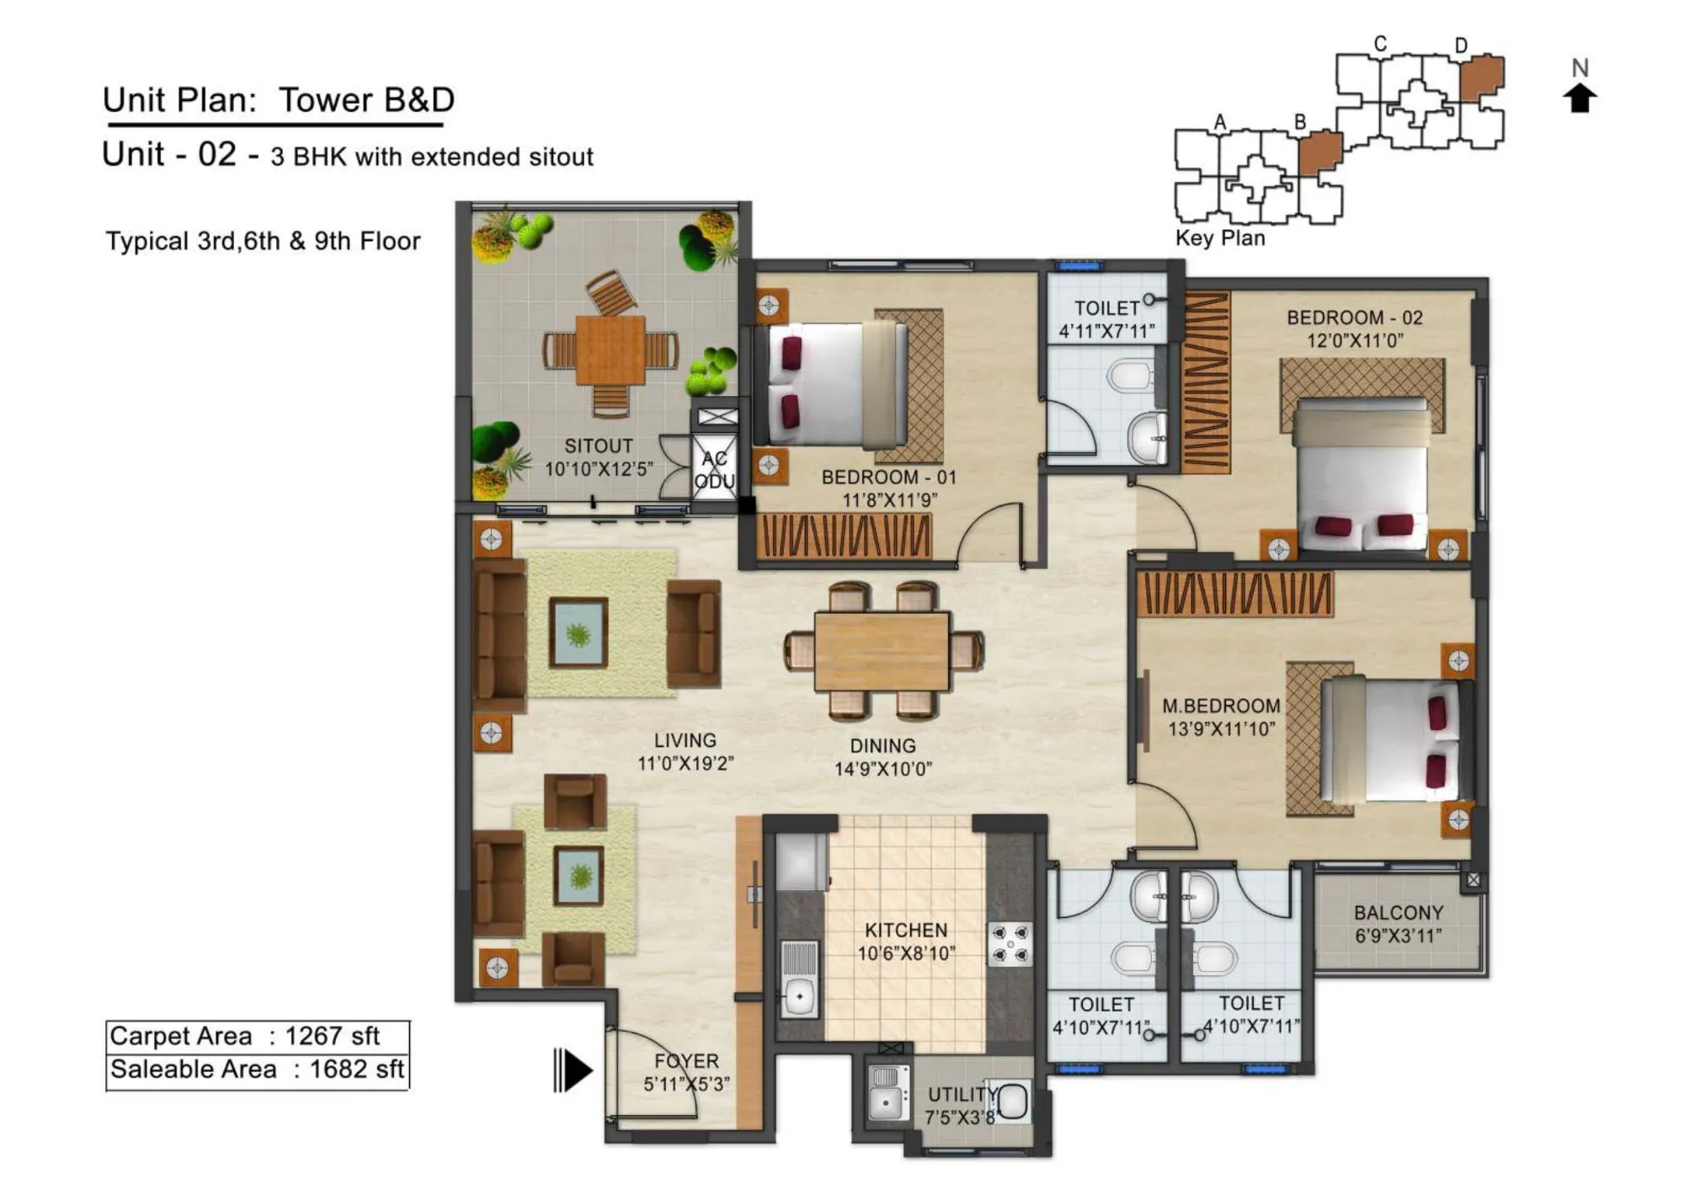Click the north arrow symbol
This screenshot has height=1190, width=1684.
(1580, 98)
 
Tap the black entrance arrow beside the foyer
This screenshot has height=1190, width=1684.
(574, 1070)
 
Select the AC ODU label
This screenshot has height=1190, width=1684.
(714, 470)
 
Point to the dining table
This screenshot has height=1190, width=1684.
(882, 651)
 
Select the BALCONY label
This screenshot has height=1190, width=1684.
(1398, 912)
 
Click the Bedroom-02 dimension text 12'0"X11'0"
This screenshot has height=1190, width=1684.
(1354, 341)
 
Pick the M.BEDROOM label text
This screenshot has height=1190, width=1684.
(1220, 706)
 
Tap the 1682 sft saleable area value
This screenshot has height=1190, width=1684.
(356, 1070)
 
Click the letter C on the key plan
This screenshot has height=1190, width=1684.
(1380, 43)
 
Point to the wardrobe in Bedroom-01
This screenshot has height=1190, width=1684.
(844, 536)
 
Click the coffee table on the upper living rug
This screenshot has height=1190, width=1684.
(578, 632)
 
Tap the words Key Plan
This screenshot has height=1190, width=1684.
(1220, 238)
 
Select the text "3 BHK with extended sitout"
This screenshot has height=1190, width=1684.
(432, 157)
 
